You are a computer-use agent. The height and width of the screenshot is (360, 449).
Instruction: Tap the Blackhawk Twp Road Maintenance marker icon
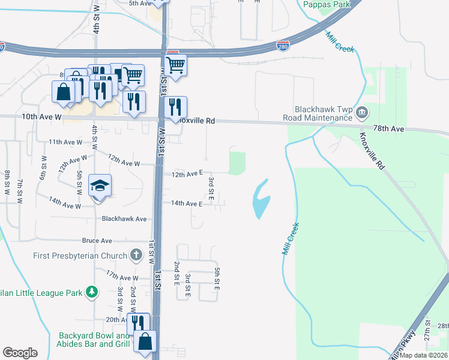(x=362, y=112)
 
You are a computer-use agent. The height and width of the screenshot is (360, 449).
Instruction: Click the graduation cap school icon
(x=100, y=185)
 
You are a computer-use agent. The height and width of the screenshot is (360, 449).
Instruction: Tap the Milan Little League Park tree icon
(x=91, y=292)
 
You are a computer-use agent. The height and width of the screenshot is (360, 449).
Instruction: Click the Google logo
(x=20, y=352)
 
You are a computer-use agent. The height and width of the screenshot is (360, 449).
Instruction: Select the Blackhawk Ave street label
(x=124, y=219)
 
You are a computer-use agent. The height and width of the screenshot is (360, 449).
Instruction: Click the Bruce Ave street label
(x=97, y=241)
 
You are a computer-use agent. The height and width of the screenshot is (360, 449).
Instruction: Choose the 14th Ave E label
(x=185, y=203)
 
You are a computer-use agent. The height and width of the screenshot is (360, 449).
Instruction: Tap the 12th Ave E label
(x=187, y=174)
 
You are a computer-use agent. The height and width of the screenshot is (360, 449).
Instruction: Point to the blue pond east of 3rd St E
(x=261, y=199)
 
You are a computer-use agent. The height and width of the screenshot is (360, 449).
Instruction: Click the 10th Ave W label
(x=42, y=117)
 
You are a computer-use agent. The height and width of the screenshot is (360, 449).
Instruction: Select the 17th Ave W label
(x=122, y=278)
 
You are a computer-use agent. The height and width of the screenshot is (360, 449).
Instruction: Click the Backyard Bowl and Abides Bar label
(x=95, y=340)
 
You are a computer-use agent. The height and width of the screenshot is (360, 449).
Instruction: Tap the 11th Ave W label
(x=65, y=142)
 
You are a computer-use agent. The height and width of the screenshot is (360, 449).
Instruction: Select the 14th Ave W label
(x=65, y=206)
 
